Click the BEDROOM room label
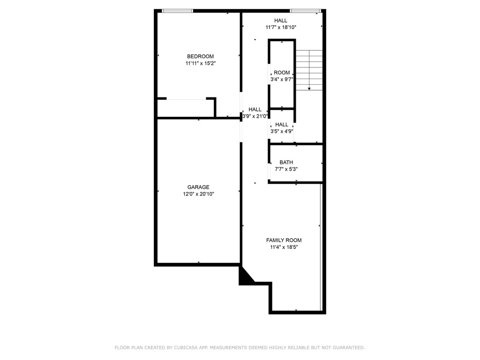(x=200, y=56)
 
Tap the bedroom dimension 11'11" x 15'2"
(x=200, y=63)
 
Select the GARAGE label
(x=198, y=187)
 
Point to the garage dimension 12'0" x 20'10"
(x=198, y=194)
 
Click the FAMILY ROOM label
(x=284, y=240)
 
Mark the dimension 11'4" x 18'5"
(x=284, y=247)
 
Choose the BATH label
(x=286, y=163)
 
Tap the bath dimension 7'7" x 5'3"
(x=286, y=169)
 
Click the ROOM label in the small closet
(x=282, y=73)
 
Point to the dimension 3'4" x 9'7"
(x=282, y=80)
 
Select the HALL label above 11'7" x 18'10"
(x=281, y=20)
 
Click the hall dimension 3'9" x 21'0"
(x=255, y=116)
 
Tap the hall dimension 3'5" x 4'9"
(x=282, y=131)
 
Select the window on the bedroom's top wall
(x=177, y=11)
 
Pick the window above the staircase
(x=305, y=11)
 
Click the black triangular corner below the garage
(x=245, y=277)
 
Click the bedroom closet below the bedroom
(x=186, y=108)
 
